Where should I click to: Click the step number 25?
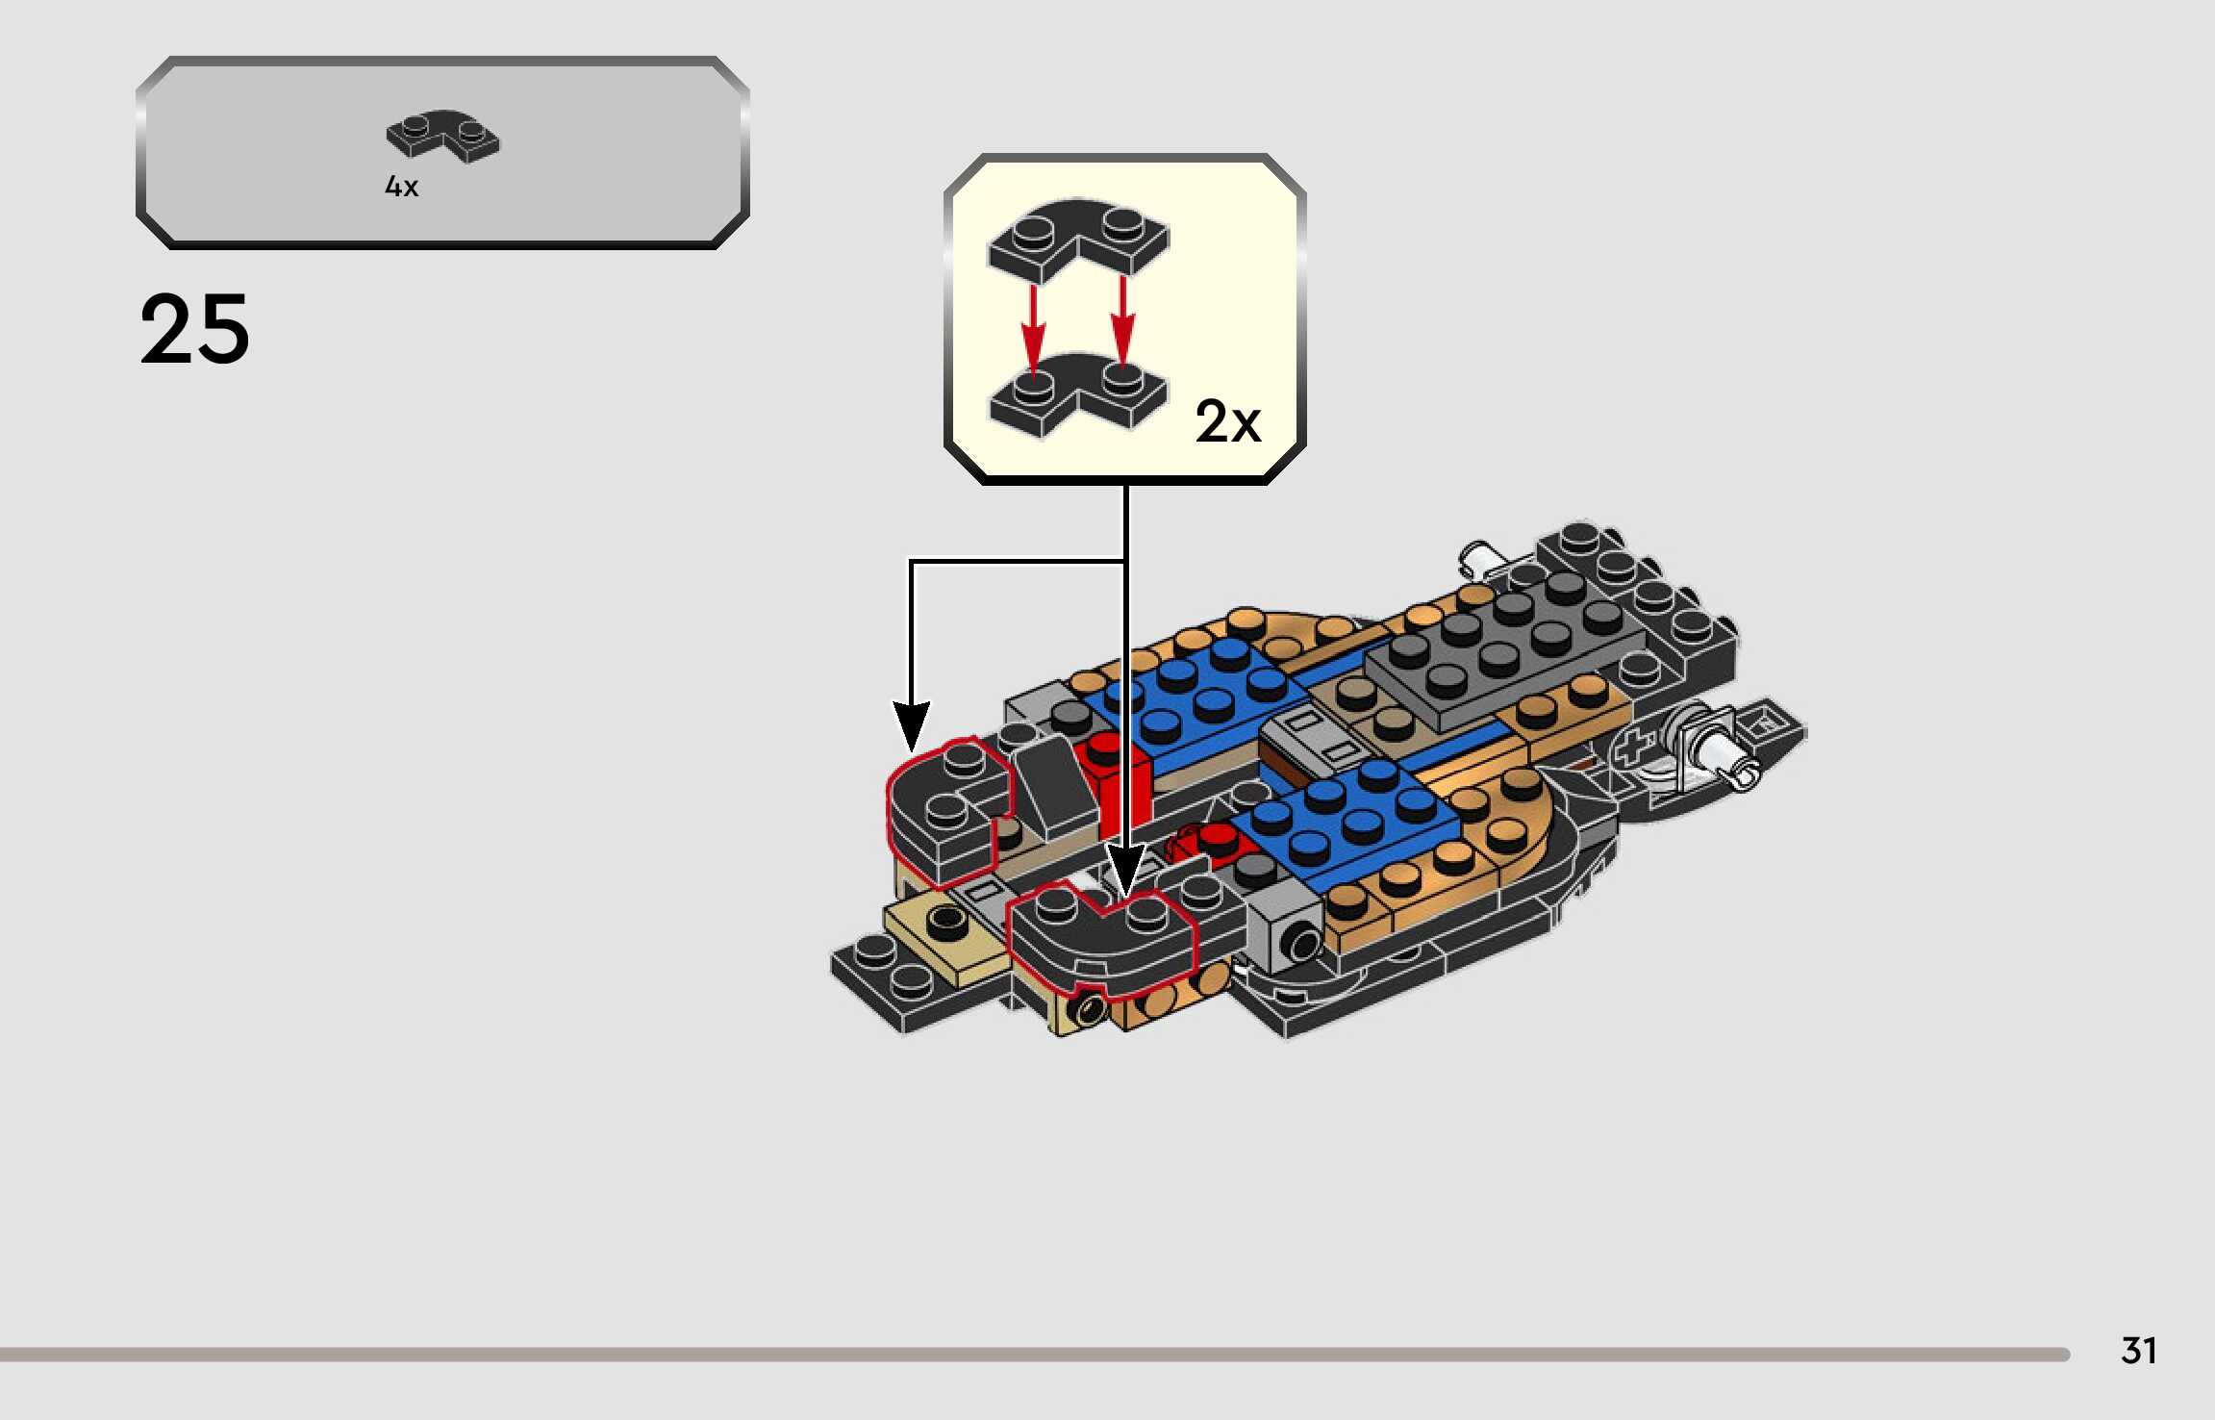tap(194, 329)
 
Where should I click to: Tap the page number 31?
tap(2138, 1351)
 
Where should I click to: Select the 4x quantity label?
tap(401, 186)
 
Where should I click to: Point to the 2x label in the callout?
tap(1227, 421)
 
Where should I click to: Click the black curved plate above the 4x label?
tap(442, 135)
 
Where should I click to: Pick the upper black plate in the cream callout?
tap(1077, 237)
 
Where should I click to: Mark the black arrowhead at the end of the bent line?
tap(911, 725)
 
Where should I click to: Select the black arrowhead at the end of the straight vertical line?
tap(1125, 868)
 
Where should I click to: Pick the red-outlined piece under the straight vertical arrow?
tap(1101, 938)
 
